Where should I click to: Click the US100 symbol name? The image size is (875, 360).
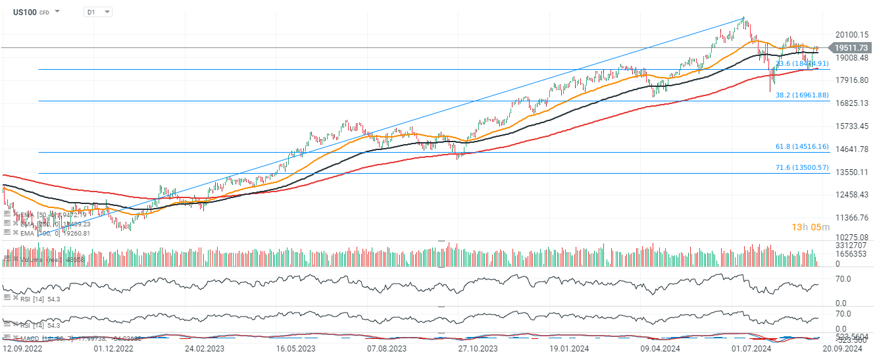24,12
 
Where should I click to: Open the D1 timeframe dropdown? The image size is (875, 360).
97,12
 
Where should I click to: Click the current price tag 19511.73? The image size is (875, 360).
851,47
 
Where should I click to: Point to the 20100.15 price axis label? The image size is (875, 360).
851,35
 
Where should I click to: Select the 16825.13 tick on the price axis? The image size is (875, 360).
851,103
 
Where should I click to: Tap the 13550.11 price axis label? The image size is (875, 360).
851,172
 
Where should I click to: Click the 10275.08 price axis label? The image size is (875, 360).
851,237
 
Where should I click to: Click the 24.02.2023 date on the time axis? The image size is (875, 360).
204,348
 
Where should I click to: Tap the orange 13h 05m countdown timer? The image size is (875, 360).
809,227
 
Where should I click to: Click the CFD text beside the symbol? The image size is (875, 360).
44,13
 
